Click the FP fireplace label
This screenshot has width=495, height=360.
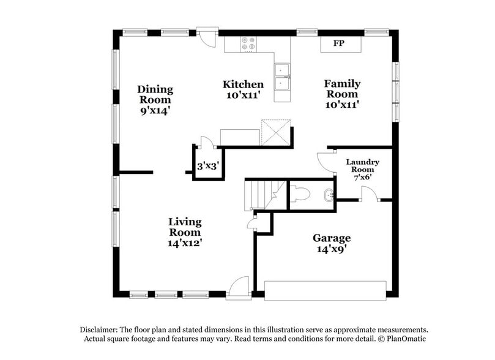(x=338, y=43)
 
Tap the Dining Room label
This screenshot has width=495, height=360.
(x=155, y=100)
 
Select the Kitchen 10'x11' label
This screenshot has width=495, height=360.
(x=243, y=89)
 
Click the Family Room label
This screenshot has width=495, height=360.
(x=342, y=94)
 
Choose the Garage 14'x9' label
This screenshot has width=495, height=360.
(x=332, y=243)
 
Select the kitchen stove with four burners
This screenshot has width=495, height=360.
(x=248, y=44)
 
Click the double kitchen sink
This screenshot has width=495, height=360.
(x=282, y=78)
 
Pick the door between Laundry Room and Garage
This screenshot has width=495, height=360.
(x=369, y=194)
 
